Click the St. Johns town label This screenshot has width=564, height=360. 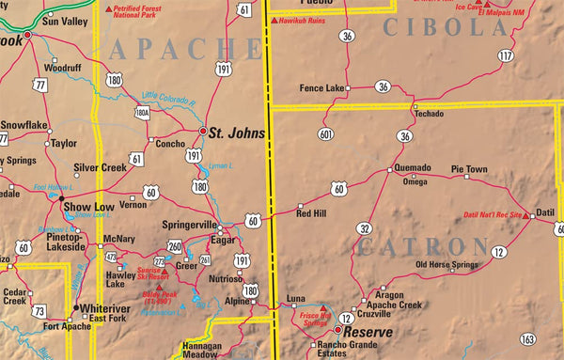click(x=236, y=133)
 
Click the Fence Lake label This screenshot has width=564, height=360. click(x=321, y=87)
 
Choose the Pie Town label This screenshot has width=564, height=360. click(x=469, y=169)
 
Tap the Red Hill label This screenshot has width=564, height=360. click(x=311, y=214)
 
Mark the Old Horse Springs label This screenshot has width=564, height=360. click(x=447, y=265)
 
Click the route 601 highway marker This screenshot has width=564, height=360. click(x=326, y=133)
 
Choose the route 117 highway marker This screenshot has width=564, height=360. click(x=507, y=56)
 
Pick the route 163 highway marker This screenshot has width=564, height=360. click(x=528, y=338)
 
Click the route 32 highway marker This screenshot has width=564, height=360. click(x=365, y=228)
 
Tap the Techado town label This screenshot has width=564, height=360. click(x=430, y=113)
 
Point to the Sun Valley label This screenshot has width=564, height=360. click(x=61, y=21)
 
